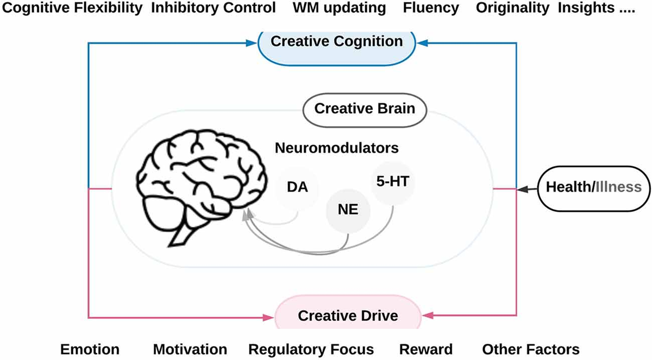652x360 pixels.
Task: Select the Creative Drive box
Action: click(348, 314)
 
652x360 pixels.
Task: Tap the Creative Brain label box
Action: click(365, 109)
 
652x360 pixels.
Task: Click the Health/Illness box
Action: click(593, 188)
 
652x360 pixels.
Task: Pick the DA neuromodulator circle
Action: click(298, 188)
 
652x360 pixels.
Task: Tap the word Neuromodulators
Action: click(336, 148)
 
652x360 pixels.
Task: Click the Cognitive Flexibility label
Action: click(72, 9)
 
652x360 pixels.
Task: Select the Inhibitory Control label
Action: click(213, 9)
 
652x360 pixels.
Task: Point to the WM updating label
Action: click(339, 9)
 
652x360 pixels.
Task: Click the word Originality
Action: click(513, 9)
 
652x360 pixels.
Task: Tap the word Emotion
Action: click(90, 349)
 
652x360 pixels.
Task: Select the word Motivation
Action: click(190, 349)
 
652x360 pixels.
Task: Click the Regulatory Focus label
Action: click(311, 349)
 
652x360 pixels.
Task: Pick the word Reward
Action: click(425, 349)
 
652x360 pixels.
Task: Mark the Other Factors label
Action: click(531, 349)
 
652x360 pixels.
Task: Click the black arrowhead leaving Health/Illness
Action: click(523, 188)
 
